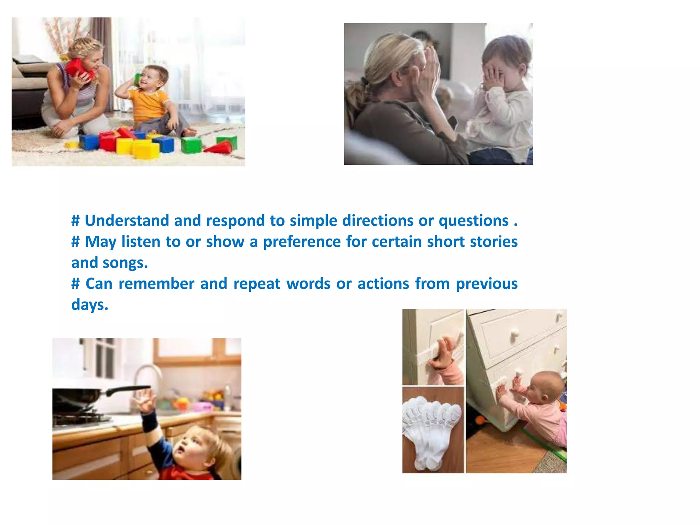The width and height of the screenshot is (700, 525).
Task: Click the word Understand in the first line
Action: [x=126, y=221]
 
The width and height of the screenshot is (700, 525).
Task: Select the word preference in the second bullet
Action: [x=302, y=242]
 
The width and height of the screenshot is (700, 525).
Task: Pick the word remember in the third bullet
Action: [x=156, y=284]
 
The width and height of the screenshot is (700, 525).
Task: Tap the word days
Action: [x=90, y=305]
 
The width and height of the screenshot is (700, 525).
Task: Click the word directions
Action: [x=378, y=221]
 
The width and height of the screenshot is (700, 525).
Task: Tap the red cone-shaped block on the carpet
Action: [x=219, y=148]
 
